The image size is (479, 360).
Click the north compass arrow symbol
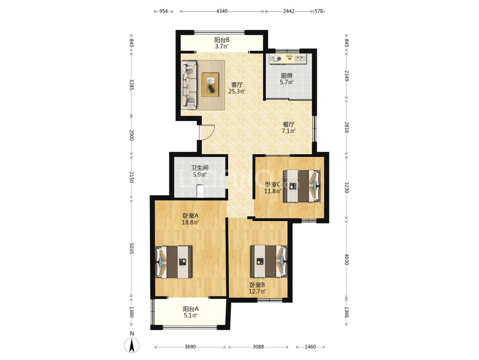[x=132, y=345]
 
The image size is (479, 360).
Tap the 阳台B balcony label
[x=222, y=40]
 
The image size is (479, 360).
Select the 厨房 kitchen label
[x=287, y=75]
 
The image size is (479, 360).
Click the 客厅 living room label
[x=237, y=84]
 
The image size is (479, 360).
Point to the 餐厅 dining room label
[x=289, y=124]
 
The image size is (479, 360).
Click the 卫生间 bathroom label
[x=200, y=168]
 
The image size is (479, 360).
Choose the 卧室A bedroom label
[x=191, y=215]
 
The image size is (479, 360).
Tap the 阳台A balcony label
[x=191, y=308]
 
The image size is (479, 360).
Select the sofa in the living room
[x=189, y=85]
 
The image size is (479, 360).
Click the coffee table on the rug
[x=210, y=84]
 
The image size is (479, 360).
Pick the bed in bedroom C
[x=302, y=186]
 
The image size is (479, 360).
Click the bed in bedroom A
[x=174, y=262]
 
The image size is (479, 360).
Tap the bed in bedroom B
[x=269, y=261]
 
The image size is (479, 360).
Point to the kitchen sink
[x=300, y=58]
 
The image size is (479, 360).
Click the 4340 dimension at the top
[x=222, y=12]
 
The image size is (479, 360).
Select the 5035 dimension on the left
[x=132, y=248]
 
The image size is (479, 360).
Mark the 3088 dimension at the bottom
[x=258, y=346]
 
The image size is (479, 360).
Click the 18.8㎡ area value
[x=190, y=223]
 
